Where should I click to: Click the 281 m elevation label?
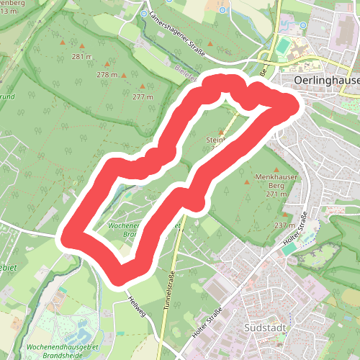point(82,57)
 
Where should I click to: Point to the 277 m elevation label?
point(143,96)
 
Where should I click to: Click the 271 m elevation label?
point(276,194)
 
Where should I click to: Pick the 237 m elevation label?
point(284,225)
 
